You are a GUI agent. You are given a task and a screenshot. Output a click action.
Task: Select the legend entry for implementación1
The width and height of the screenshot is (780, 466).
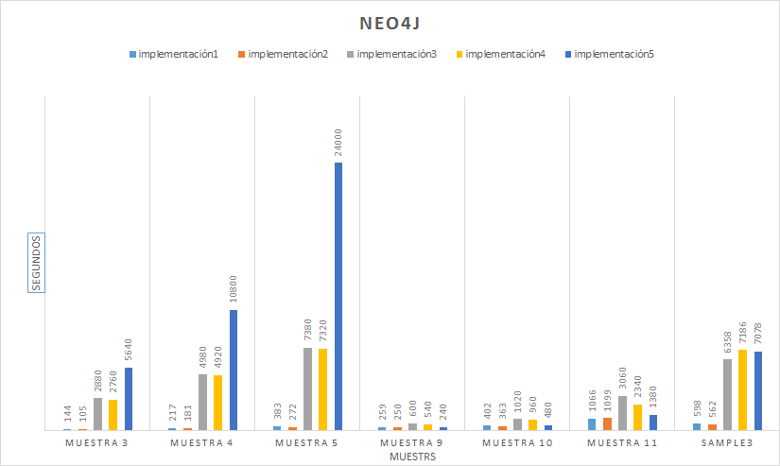pyautogui.click(x=179, y=54)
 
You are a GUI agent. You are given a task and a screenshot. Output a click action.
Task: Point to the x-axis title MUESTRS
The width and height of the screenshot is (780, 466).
pyautogui.click(x=412, y=456)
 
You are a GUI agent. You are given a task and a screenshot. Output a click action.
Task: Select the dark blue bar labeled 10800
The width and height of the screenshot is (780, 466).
pyautogui.click(x=234, y=370)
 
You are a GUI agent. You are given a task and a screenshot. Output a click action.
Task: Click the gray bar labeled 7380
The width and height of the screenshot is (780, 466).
pyautogui.click(x=308, y=388)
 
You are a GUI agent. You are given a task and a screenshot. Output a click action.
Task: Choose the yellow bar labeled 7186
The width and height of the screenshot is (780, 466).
pyautogui.click(x=743, y=389)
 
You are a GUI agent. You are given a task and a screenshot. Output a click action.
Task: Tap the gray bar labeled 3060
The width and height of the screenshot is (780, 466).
pyautogui.click(x=623, y=413)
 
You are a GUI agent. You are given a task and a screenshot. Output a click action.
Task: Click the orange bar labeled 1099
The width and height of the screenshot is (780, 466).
pyautogui.click(x=608, y=423)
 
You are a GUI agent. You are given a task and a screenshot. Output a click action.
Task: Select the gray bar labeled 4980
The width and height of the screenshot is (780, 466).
pyautogui.click(x=203, y=402)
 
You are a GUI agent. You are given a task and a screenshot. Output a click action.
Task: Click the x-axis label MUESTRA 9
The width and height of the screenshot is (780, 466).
pyautogui.click(x=412, y=442)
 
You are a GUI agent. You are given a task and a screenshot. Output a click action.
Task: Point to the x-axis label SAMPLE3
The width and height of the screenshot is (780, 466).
pyautogui.click(x=727, y=442)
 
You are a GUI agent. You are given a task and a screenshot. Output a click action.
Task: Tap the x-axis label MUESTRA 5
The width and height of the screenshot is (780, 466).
pyautogui.click(x=307, y=442)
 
